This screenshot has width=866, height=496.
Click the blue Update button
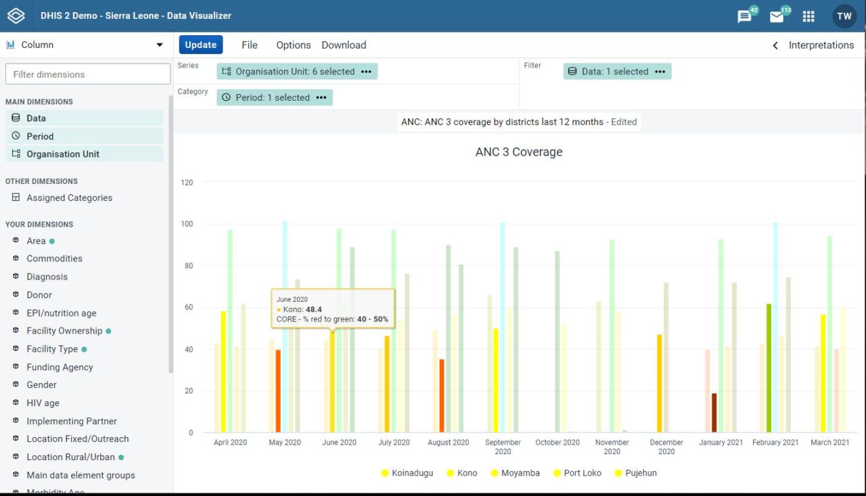[201, 45]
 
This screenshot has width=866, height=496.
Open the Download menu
[344, 45]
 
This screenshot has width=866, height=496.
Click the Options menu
[293, 45]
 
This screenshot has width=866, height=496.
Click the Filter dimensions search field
[88, 74]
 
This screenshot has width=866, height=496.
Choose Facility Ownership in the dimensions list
[64, 331]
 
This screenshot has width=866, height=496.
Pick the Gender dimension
[41, 385]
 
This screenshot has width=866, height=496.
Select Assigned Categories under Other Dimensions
[69, 198]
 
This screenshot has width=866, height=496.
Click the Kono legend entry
[467, 473]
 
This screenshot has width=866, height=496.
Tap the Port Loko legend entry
[583, 473]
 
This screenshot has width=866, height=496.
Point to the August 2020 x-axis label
[448, 443]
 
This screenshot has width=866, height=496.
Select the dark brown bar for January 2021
[714, 413]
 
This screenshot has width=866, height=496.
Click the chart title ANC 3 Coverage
[519, 152]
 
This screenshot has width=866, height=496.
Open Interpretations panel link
[821, 45]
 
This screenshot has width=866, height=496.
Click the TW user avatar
[844, 16]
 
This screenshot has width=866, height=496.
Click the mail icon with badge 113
[777, 16]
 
